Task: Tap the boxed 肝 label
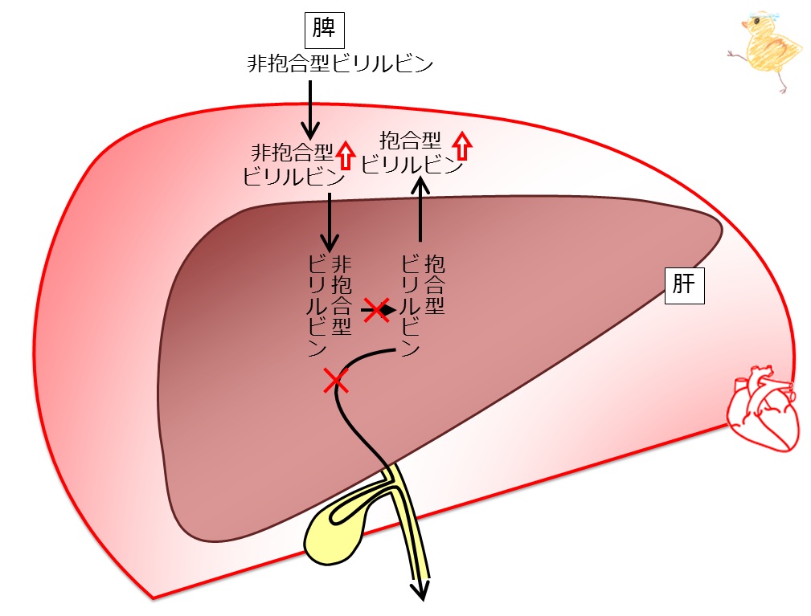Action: coord(684,285)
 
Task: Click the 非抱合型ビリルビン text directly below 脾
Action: coord(340,64)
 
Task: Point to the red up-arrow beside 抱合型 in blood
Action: coord(463,145)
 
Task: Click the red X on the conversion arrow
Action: coord(376,310)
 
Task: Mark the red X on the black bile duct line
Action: coord(336,381)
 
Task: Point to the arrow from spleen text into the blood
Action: coord(310,108)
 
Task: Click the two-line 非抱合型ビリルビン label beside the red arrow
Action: coord(294,165)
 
